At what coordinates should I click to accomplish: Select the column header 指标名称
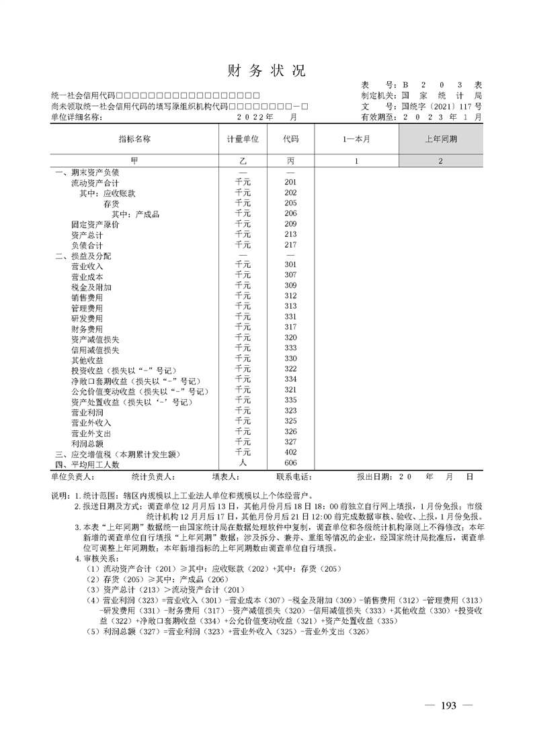[134, 139]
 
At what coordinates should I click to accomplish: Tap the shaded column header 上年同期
[441, 139]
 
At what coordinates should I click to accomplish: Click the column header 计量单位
[243, 139]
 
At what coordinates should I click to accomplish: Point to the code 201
[290, 183]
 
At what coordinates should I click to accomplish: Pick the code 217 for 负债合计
[290, 245]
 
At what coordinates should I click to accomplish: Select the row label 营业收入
[87, 266]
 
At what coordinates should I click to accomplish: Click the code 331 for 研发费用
[290, 317]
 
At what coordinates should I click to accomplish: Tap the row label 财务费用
[87, 329]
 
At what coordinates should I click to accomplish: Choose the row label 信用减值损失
[95, 350]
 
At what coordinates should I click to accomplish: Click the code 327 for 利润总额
[290, 442]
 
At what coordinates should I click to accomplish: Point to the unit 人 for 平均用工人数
[243, 463]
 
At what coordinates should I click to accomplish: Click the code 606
[290, 463]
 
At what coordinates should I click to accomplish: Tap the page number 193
[448, 705]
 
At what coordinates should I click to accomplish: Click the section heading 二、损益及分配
[83, 256]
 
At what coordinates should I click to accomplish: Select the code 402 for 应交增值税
[290, 453]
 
